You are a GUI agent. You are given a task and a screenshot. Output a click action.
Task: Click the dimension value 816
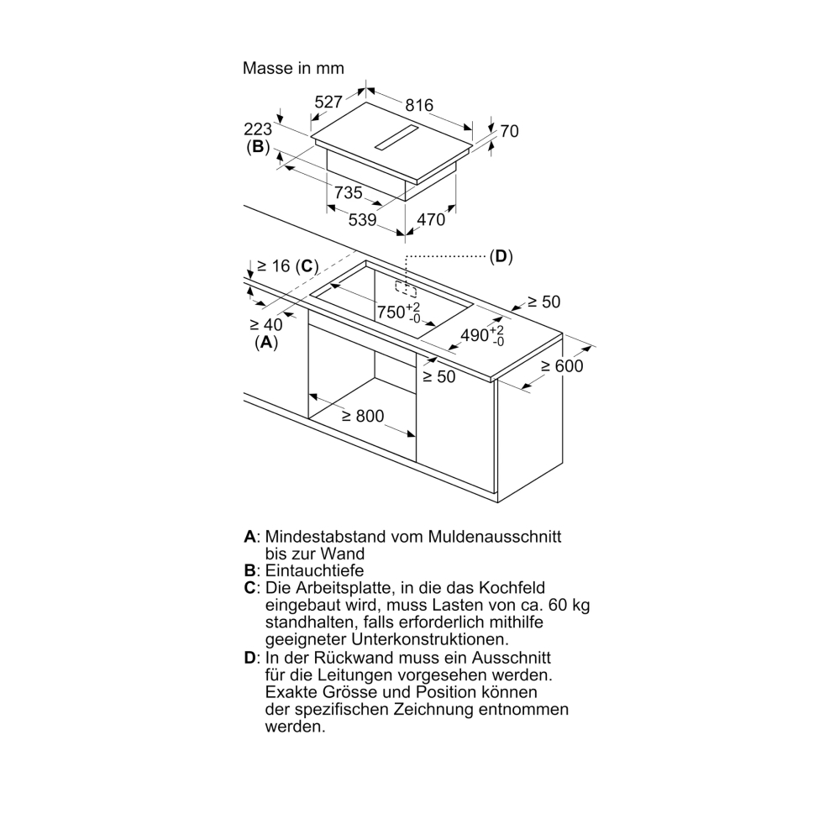419,105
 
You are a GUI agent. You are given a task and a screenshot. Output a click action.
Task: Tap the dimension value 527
328,102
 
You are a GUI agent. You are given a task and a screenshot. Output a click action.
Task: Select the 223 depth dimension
258,129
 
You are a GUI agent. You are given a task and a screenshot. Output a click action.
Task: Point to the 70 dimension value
510,131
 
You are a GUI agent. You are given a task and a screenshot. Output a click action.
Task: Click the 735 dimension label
349,192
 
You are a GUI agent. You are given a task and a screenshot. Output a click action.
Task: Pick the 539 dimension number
363,219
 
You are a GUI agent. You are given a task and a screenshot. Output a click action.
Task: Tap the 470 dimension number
431,219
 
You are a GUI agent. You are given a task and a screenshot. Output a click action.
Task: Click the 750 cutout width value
391,312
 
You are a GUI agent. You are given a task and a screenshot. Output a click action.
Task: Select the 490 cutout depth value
475,335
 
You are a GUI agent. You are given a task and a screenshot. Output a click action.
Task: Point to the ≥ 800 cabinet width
363,416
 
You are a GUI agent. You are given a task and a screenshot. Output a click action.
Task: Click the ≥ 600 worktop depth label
561,366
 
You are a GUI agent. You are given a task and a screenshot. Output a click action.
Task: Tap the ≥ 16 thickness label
273,265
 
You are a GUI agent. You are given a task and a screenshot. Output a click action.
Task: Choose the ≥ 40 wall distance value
265,324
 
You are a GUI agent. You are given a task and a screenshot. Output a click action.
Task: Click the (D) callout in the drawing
501,256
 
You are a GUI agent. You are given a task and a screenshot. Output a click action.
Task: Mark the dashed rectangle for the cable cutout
406,289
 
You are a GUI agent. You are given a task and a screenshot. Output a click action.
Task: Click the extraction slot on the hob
396,138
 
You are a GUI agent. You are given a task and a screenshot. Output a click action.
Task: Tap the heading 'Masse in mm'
293,68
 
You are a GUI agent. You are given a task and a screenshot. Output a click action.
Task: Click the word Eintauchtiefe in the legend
314,570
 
